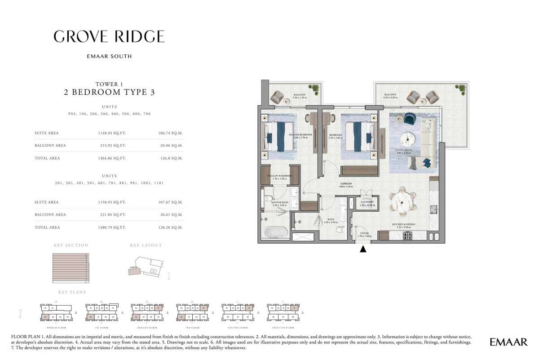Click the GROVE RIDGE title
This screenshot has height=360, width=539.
[x=109, y=36]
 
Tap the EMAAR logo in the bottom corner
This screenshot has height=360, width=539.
[x=508, y=342]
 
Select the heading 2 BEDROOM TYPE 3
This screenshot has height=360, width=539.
[x=109, y=93]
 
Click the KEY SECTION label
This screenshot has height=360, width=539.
[x=71, y=245]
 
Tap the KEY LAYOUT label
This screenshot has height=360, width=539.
[x=146, y=245]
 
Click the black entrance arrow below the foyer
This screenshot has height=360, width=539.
[x=363, y=249]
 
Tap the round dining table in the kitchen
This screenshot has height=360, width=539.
[x=402, y=202]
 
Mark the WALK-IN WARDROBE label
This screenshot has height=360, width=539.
[x=280, y=176]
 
